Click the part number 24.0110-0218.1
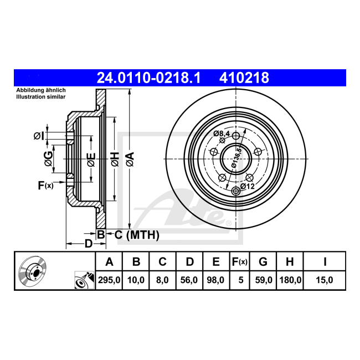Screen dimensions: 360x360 click(149, 78)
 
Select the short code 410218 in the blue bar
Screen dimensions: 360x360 click(244, 78)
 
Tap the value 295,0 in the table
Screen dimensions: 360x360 click(109, 280)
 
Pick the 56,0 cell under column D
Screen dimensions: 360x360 click(189, 280)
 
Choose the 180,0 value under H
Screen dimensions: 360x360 click(290, 280)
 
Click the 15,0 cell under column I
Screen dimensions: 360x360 click(324, 280)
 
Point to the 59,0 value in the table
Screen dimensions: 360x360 click(264, 280)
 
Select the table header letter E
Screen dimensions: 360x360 click(216, 262)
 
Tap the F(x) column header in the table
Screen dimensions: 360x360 click(240, 262)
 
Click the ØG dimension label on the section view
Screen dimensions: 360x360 click(49, 158)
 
